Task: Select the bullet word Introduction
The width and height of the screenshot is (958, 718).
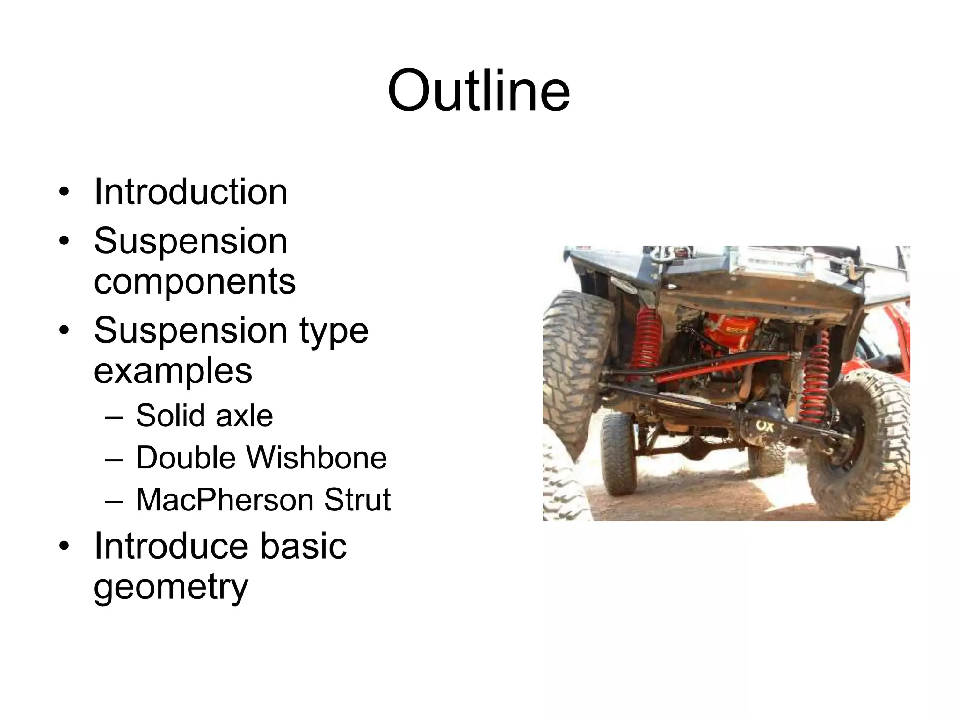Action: click(x=190, y=192)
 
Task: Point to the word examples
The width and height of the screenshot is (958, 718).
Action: click(x=173, y=371)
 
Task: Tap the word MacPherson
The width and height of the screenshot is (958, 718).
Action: click(x=224, y=499)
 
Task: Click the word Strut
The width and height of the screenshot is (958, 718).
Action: click(x=357, y=499)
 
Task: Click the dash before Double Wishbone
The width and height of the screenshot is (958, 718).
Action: click(x=114, y=458)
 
